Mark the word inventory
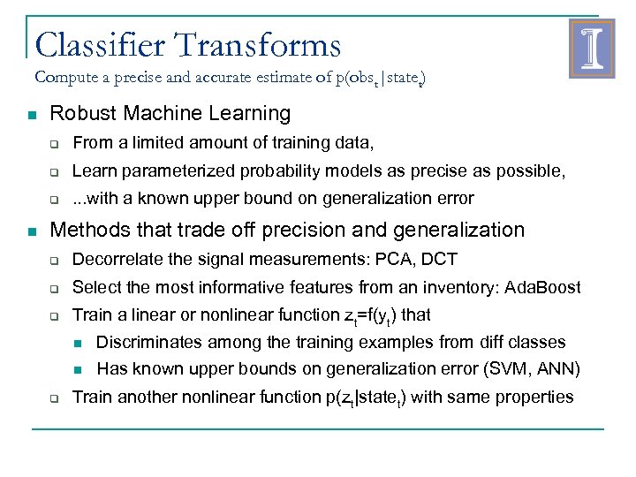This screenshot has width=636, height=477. point(432,287)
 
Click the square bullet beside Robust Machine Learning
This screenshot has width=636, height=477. point(31,115)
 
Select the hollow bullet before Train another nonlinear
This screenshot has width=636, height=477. point(54,398)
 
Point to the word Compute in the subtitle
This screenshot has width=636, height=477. point(65,77)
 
